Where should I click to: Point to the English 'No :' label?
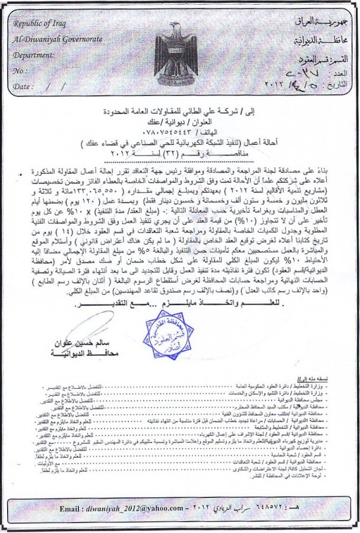click(20, 71)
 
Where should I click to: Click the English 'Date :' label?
click(22, 86)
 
